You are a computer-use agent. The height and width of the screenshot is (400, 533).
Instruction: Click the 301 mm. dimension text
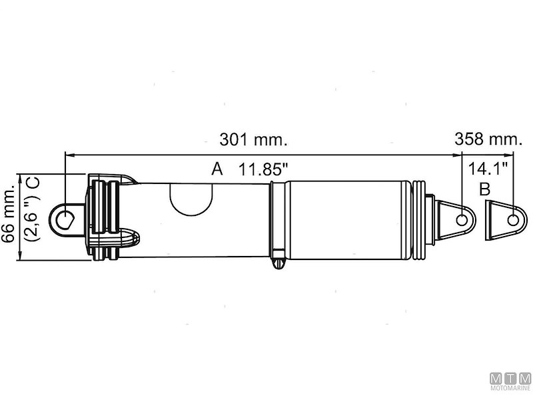coord(253,141)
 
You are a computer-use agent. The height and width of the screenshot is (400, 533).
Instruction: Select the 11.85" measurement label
coord(264,169)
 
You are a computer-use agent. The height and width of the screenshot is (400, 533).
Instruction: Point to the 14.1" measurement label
coord(488,167)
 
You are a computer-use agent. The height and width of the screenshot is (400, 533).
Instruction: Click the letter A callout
coord(217,169)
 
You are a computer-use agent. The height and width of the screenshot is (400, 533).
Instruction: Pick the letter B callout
coord(485,189)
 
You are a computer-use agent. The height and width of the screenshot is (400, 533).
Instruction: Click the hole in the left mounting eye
coord(65,219)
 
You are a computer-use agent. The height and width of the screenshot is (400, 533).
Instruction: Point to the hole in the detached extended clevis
coord(512,219)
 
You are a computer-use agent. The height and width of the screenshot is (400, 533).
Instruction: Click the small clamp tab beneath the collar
coord(278,263)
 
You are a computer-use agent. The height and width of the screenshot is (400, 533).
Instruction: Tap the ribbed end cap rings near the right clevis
coord(420,219)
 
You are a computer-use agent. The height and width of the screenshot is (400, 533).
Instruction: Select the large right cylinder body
coord(350,219)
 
